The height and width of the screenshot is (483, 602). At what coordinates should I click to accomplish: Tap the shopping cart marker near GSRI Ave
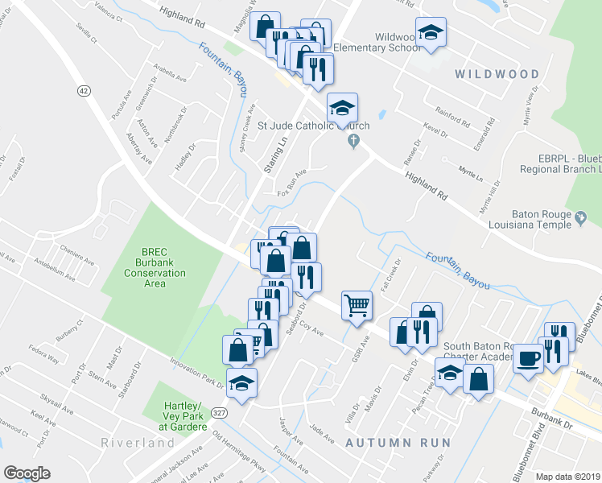(x=357, y=304)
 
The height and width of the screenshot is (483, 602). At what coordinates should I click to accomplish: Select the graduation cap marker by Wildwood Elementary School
(x=431, y=34)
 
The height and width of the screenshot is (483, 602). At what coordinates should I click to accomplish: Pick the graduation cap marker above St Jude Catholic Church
(x=342, y=108)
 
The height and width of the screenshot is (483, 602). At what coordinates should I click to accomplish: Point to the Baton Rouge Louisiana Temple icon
(x=579, y=217)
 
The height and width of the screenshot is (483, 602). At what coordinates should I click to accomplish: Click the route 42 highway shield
(x=83, y=90)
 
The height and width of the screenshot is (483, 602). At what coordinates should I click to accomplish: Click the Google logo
(x=27, y=473)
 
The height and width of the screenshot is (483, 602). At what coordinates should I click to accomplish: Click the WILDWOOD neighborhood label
(x=497, y=74)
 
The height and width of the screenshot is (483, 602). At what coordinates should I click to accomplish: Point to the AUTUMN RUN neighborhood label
(x=383, y=443)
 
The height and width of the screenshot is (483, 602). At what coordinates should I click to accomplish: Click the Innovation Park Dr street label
(x=198, y=375)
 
